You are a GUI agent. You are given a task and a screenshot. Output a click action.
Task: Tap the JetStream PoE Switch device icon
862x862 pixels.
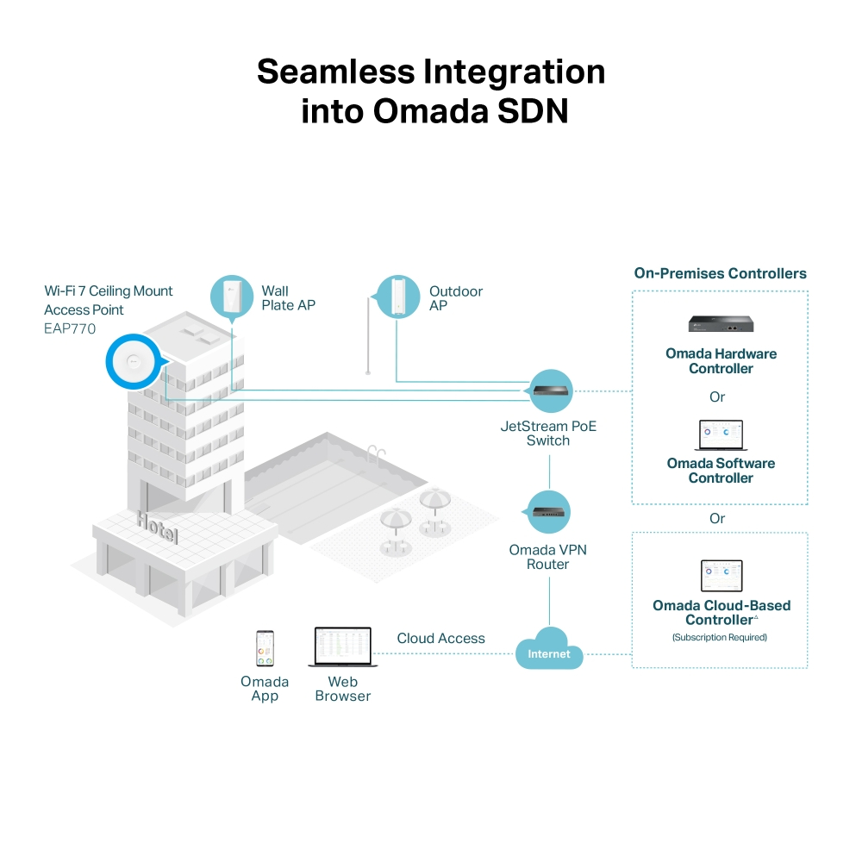[550, 390]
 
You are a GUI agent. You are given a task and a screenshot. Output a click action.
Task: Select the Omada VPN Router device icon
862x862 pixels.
[549, 511]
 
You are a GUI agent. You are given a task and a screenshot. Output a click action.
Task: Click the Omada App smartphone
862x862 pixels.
[265, 648]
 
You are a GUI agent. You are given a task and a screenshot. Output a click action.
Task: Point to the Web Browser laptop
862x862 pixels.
[342, 647]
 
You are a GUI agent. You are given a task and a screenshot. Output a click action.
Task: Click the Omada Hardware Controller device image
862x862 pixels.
[721, 324]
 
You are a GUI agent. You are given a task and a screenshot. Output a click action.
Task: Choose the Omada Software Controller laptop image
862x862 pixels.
[720, 436]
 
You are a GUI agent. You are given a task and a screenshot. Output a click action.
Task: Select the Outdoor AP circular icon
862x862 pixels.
[397, 297]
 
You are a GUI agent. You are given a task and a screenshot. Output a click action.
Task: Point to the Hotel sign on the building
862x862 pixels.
[157, 526]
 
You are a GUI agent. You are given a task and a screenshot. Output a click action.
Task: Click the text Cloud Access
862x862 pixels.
[440, 639]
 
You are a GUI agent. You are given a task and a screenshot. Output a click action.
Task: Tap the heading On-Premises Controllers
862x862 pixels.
[720, 274]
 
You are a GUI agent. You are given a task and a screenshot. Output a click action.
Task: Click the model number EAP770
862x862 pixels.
[70, 328]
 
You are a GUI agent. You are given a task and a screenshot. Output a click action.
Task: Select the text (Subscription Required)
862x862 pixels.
[719, 638]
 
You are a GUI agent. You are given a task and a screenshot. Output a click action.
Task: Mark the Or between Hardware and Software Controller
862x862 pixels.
[717, 397]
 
